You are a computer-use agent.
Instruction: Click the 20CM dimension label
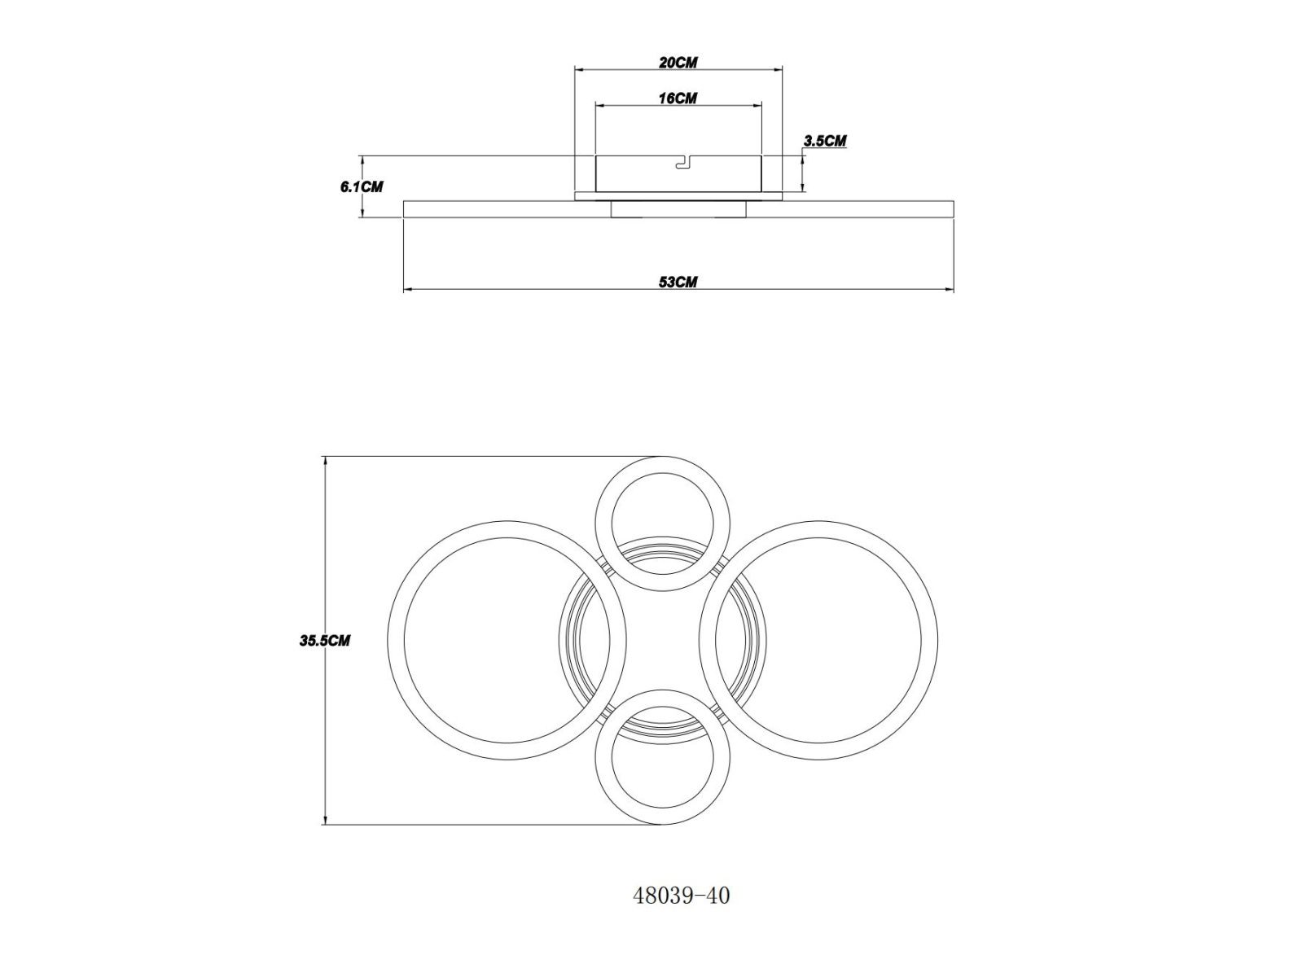pos(678,63)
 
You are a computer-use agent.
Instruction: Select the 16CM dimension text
pos(678,98)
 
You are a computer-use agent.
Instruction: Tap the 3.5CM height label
pos(824,141)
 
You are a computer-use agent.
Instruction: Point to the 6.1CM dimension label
pos(362,187)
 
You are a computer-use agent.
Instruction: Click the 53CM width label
pos(678,282)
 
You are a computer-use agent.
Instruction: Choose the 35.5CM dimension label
pos(325,641)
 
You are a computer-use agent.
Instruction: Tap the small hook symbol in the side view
pos(685,163)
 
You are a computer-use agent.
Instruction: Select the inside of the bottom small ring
pos(662,757)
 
